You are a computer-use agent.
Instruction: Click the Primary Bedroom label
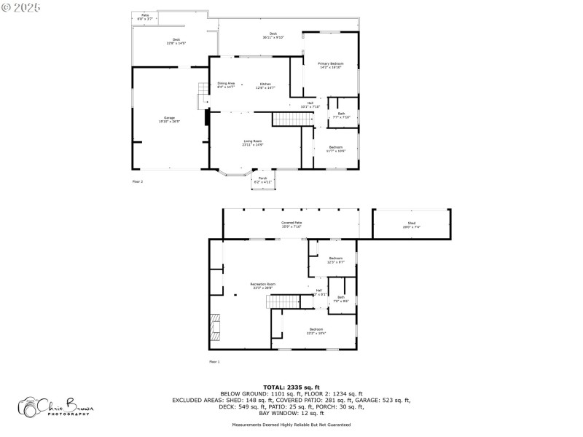(331, 66)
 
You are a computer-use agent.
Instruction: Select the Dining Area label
(226, 85)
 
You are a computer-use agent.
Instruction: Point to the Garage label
(169, 119)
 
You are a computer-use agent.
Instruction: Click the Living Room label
(253, 142)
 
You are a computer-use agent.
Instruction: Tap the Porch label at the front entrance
(262, 180)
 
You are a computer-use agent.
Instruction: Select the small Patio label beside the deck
(146, 17)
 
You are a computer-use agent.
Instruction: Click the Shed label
(412, 226)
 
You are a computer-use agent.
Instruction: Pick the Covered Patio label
(291, 224)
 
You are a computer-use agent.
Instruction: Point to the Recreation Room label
(262, 286)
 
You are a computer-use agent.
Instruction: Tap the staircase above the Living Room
(286, 119)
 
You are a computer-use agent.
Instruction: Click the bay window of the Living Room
(233, 173)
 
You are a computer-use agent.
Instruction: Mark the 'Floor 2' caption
(138, 181)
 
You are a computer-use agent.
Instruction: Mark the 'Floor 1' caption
(214, 361)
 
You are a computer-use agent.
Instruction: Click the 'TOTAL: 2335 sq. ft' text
(291, 387)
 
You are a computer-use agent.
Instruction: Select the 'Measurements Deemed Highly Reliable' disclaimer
(291, 425)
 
